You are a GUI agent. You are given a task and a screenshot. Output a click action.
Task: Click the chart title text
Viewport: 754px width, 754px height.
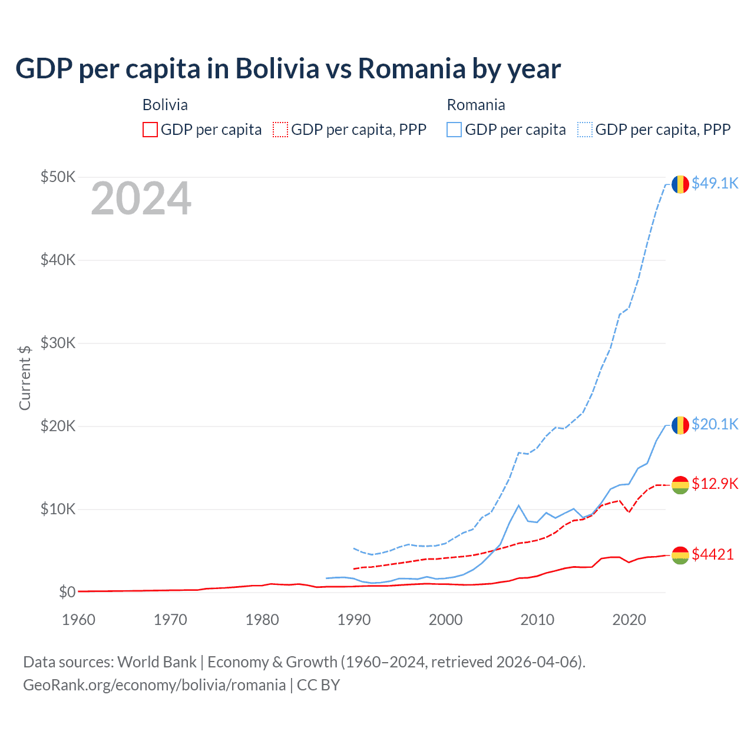click(288, 69)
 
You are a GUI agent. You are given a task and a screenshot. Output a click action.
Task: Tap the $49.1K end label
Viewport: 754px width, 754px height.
click(715, 183)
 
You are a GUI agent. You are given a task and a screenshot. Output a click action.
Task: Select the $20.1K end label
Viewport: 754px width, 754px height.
click(715, 424)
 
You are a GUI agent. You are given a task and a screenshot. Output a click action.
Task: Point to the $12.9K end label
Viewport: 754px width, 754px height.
click(715, 484)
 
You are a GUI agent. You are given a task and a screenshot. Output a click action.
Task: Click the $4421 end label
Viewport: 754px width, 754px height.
click(713, 554)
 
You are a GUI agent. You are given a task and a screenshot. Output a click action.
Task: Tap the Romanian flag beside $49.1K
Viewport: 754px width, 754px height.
click(680, 184)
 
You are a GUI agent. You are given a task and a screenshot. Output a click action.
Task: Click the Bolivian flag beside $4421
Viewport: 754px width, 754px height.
click(680, 555)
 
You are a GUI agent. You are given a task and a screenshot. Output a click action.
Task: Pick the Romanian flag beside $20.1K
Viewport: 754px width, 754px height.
click(680, 425)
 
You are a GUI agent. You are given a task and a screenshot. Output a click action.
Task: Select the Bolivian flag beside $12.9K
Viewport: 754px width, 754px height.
click(680, 485)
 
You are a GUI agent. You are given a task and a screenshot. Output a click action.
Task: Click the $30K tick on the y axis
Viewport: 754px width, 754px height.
click(58, 343)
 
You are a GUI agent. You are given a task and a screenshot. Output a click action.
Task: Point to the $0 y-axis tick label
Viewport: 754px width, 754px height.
click(67, 592)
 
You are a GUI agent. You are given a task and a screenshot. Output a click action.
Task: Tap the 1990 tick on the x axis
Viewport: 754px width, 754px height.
click(354, 620)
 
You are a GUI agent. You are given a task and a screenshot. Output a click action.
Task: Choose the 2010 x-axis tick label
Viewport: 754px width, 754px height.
click(537, 620)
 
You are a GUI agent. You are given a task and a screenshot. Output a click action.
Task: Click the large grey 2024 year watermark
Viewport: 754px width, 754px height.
click(141, 199)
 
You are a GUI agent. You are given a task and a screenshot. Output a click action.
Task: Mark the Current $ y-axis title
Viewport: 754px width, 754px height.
click(25, 378)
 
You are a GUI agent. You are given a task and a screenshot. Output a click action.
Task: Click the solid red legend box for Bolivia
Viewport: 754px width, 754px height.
click(150, 130)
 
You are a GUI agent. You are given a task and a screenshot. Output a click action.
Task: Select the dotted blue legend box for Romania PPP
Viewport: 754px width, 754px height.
click(585, 130)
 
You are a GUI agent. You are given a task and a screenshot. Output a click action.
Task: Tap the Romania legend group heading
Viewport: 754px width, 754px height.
click(476, 105)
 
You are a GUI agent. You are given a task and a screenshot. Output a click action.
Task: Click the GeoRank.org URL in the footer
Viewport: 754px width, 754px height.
click(154, 685)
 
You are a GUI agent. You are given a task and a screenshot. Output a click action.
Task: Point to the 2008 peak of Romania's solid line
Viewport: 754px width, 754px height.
click(518, 505)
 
